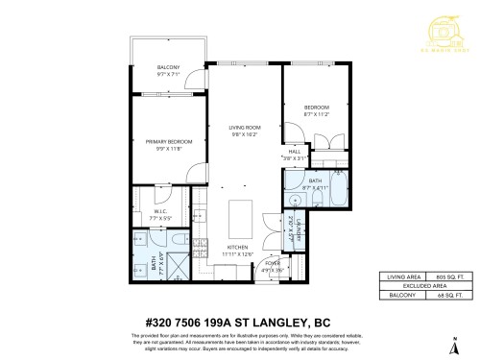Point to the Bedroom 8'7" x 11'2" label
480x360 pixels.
tap(316, 109)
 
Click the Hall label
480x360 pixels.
tap(295, 154)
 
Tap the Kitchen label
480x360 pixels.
tap(237, 251)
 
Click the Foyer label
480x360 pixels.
tap(274, 266)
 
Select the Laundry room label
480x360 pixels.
tap(300, 230)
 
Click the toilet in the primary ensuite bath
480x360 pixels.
tap(179, 238)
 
